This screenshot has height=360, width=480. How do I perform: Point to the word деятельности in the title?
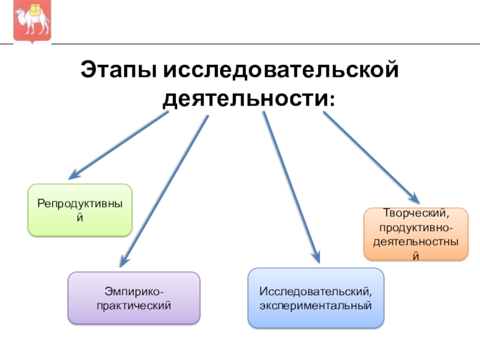(244, 97)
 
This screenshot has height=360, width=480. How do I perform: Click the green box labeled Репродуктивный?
(80, 209)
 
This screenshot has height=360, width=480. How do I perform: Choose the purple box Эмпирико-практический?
(133, 298)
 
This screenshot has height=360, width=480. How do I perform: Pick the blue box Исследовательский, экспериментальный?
(316, 298)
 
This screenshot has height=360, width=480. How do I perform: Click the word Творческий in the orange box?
(416, 213)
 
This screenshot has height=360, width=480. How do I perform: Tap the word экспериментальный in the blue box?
(316, 305)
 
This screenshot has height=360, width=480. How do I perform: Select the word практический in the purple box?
(133, 305)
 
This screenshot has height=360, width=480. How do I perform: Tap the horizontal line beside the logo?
(264, 43)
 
